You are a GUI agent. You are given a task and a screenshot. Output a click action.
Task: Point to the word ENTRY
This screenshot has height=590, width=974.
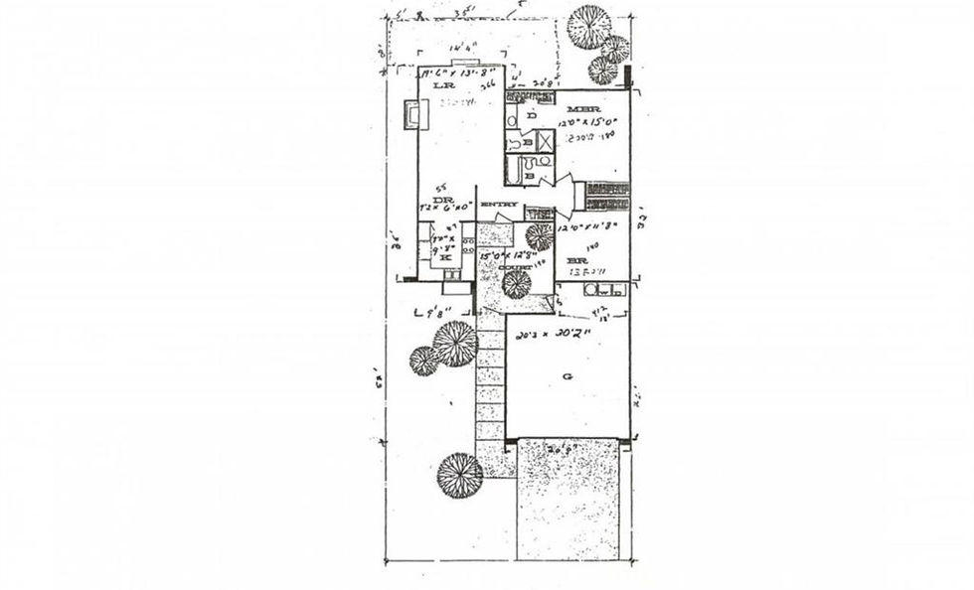pos(499,206)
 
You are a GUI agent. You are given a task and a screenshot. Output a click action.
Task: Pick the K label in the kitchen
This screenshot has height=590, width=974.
pos(445,257)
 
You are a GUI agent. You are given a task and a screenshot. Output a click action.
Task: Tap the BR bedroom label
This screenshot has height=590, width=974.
pos(575,262)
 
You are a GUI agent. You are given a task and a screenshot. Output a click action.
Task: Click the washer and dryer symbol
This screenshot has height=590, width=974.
pos(603,291)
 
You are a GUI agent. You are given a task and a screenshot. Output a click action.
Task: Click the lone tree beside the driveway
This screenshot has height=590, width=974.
pos(459,475)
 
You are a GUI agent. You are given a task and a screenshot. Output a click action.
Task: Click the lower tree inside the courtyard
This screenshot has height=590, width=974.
pos(516,284)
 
